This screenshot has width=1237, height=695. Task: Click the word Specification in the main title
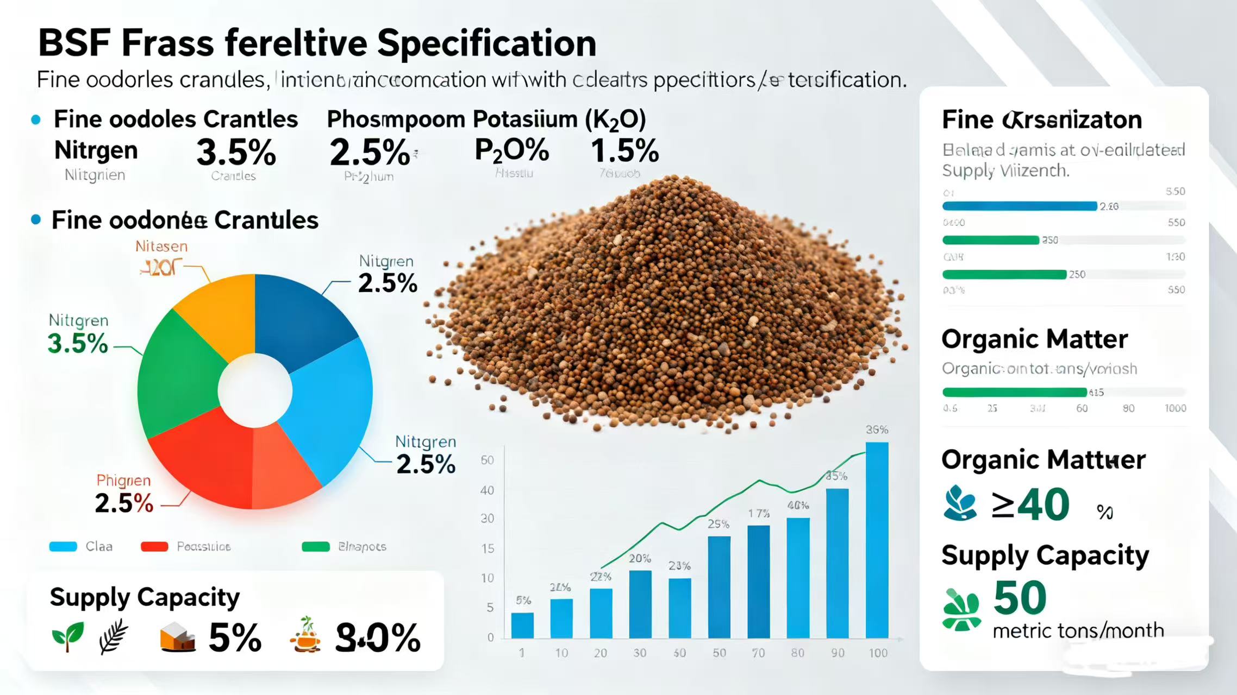(x=486, y=43)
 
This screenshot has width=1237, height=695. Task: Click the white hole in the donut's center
(x=255, y=390)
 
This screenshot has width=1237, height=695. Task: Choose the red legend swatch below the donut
(x=154, y=547)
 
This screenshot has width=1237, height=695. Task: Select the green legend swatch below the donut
(x=315, y=547)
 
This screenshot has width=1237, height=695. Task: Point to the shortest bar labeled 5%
(x=522, y=625)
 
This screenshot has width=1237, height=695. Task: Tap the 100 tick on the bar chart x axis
(x=878, y=653)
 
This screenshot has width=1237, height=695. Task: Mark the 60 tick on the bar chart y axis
(x=488, y=460)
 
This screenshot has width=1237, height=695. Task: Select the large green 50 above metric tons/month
(x=1020, y=598)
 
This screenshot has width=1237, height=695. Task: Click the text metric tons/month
(x=1078, y=631)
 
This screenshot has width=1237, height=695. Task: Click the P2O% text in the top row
(x=511, y=150)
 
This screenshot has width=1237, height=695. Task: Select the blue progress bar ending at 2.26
(x=1019, y=206)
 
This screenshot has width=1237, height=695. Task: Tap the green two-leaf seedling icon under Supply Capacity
(x=68, y=636)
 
